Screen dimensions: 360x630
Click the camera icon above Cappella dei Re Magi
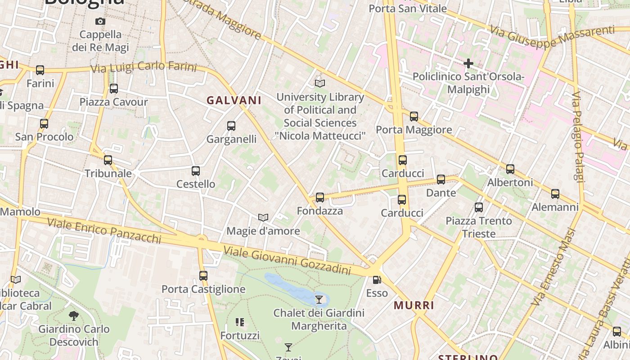[x=100, y=21]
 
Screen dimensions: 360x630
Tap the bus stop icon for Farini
[x=40, y=70]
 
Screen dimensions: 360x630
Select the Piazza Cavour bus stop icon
[x=114, y=89]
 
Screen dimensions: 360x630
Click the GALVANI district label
[x=234, y=100]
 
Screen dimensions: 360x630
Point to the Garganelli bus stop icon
[x=231, y=126]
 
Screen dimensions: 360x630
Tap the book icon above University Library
[x=320, y=83]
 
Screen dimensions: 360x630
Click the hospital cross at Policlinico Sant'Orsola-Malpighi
[x=468, y=63]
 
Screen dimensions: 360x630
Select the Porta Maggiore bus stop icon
[x=414, y=117]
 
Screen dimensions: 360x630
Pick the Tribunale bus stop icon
[x=108, y=160]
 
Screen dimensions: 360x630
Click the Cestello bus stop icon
[x=196, y=171]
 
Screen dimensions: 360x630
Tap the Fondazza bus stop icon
[x=320, y=198]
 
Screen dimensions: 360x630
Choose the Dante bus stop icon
[x=441, y=180]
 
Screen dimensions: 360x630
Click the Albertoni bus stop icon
[x=510, y=169]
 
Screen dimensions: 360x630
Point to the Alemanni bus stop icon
[x=555, y=194]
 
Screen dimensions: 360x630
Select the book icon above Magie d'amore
[x=263, y=218]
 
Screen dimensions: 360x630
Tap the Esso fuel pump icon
[x=377, y=280]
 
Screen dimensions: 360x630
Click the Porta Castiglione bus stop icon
[x=203, y=276]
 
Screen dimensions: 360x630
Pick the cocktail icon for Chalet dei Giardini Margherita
[x=319, y=299]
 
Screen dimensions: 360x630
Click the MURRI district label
[x=414, y=306]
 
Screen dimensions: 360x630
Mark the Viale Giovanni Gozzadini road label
[x=287, y=261]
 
